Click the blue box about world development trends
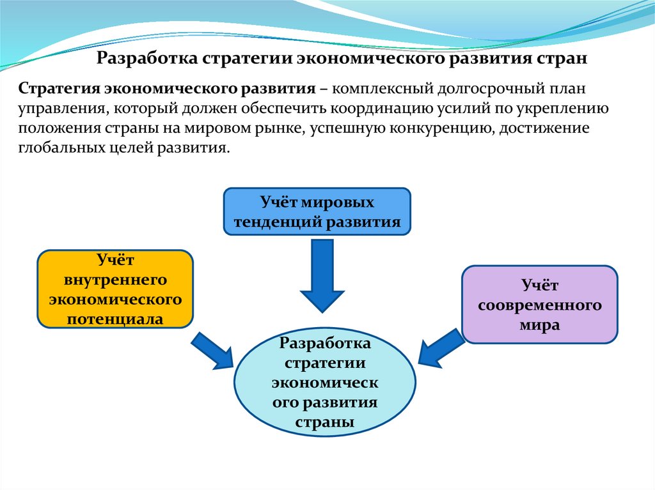[x=317, y=211]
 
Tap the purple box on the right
[x=539, y=304]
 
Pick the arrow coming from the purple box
[x=441, y=350]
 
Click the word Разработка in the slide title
[x=146, y=59]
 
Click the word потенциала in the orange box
[x=115, y=318]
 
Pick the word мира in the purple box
[x=540, y=325]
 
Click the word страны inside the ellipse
[x=325, y=422]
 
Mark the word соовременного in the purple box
[x=540, y=305]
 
